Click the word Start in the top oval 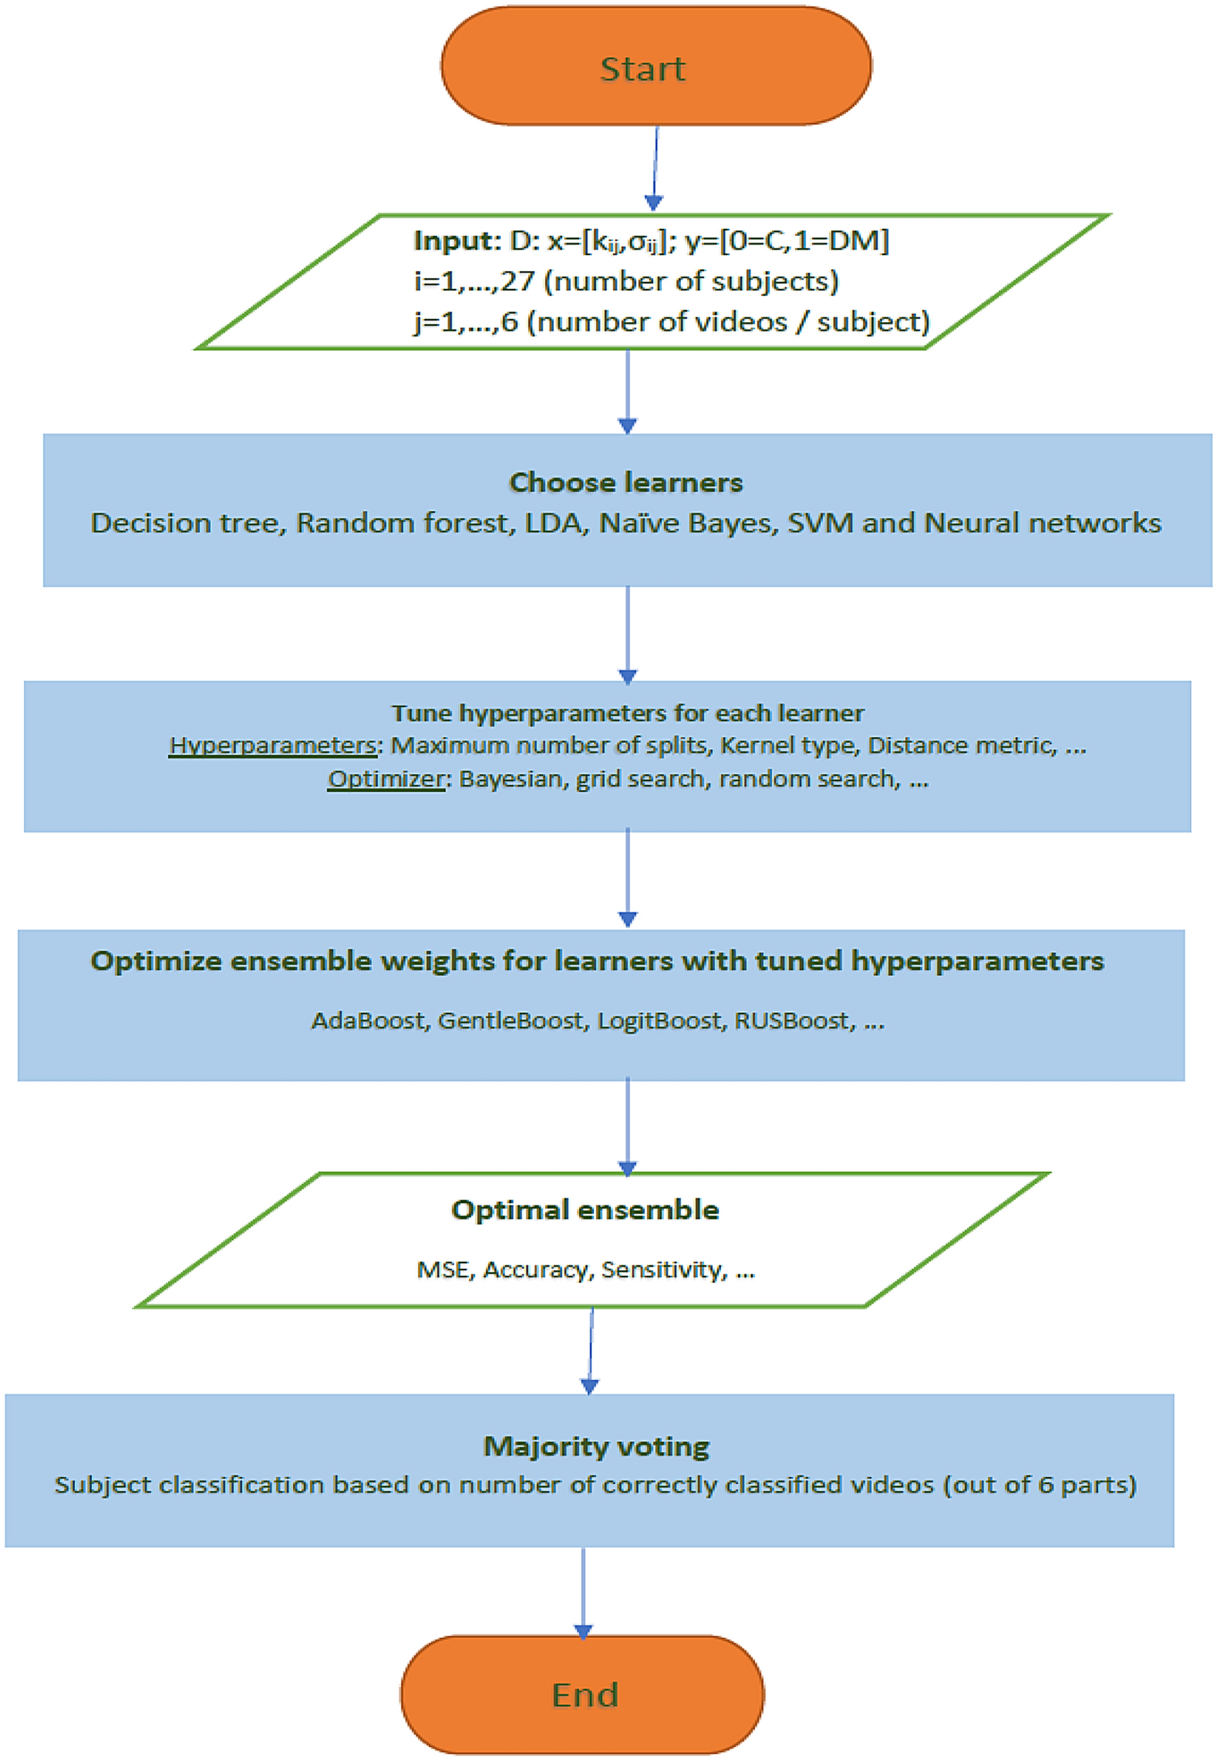tap(642, 69)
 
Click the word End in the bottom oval tap(584, 1695)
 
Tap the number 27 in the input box tap(518, 281)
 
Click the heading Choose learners tap(625, 482)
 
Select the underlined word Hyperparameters tap(272, 745)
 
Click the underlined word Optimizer tap(386, 778)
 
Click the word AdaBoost tap(368, 1020)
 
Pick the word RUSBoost tap(791, 1020)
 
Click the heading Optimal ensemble tap(585, 1210)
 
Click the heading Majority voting tap(596, 1446)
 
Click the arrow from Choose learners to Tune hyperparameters tap(628, 633)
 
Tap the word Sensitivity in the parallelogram tap(662, 1270)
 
